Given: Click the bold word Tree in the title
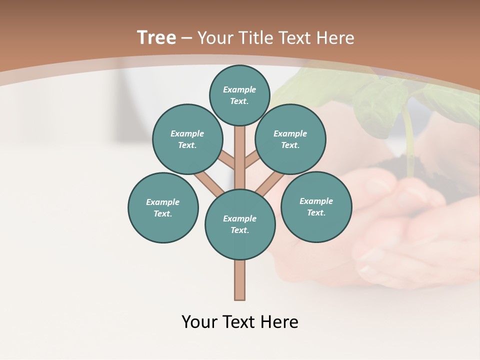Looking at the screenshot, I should coord(156,38).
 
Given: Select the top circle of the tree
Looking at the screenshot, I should coord(239,95).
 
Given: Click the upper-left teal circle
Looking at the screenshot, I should coord(187,139).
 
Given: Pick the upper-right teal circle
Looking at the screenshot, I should coord(290,139).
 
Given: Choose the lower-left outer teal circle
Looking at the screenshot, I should coord(163,207).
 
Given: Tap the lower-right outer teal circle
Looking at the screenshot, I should coord(316,206).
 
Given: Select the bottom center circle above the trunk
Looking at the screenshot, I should coord(240,224).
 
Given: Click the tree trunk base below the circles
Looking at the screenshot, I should coord(240,280).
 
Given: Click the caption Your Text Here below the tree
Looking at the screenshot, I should coord(240,322).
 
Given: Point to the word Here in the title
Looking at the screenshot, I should coord(335,38).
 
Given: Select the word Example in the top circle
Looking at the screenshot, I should coord(239,89).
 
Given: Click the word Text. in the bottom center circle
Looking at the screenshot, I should coord(239,230).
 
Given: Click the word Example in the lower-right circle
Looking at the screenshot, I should coord(316,201).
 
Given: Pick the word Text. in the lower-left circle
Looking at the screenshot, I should coord(162,213).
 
